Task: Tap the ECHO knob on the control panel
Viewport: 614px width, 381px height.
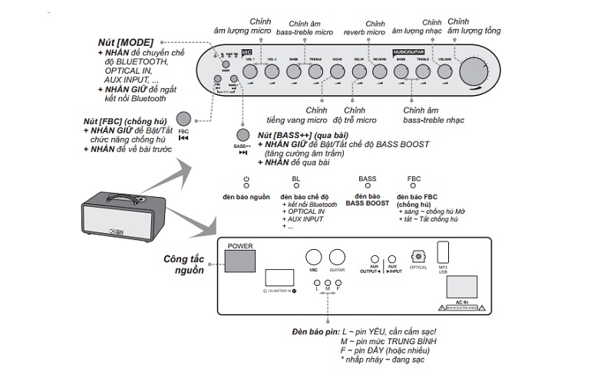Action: (338, 71)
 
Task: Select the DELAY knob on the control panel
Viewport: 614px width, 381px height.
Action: (359, 71)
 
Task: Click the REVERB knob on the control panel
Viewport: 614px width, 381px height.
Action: (380, 71)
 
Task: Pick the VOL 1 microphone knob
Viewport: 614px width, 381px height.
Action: (250, 71)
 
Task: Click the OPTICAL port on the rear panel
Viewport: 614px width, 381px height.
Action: (418, 258)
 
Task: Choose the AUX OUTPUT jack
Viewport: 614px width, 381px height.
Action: (375, 261)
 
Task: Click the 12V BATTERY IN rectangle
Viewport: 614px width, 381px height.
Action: (277, 279)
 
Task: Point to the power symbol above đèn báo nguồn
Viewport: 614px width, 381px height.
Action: (246, 180)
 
